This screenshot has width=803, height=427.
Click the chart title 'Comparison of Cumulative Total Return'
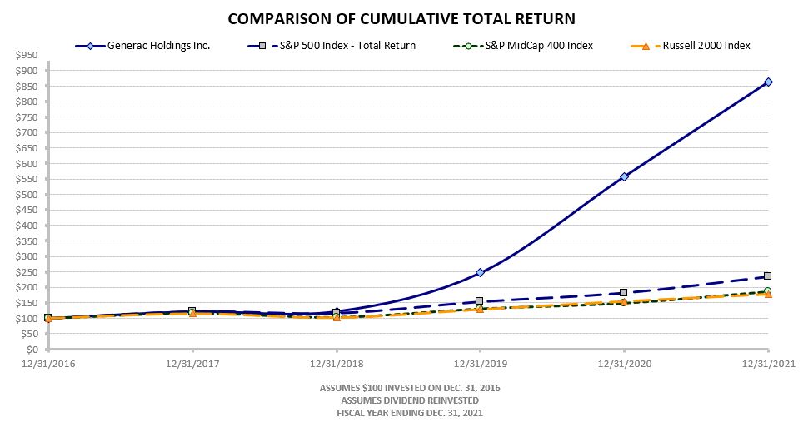point(401,18)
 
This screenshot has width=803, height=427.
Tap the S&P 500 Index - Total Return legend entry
point(350,46)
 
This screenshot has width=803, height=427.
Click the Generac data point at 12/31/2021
point(768,82)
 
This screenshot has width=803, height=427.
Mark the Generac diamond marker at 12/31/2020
point(624,176)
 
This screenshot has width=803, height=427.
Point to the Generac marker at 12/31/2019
point(480,272)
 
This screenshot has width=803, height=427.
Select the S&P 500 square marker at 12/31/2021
point(768,276)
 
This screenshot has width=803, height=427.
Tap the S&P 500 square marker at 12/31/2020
point(624,293)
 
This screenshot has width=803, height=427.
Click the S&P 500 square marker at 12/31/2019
point(480,300)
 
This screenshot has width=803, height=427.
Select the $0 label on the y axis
point(32,350)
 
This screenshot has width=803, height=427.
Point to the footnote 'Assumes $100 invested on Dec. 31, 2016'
point(410,388)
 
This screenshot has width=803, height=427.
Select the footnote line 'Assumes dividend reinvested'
point(410,400)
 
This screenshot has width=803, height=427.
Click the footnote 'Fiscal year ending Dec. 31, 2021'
point(410,413)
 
